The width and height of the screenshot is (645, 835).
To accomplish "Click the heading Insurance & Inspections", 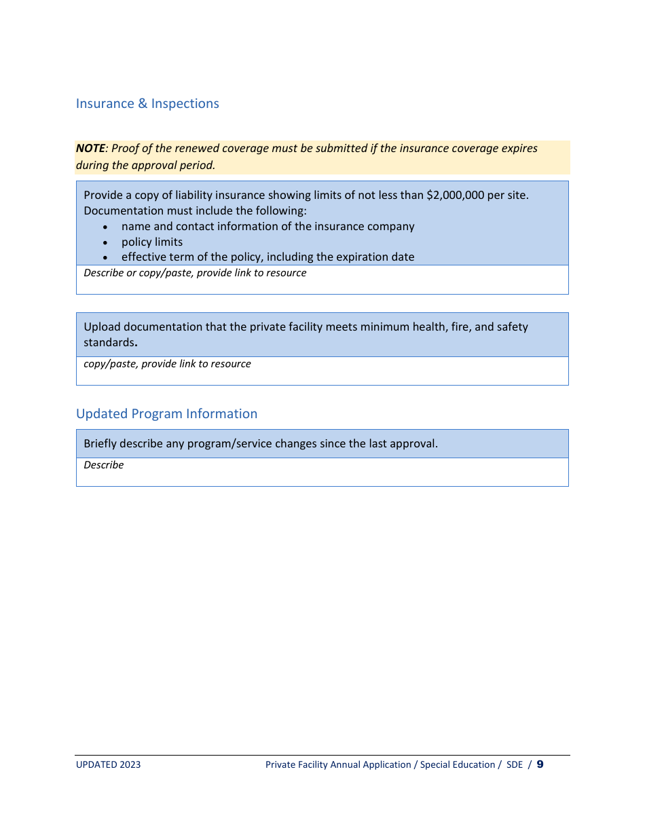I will pos(147,104).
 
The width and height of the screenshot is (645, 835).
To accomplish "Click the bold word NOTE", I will pos(90,149).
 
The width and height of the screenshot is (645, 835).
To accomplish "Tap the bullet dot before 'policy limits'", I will pos(105,243).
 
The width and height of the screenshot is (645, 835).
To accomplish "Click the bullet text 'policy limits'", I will pos(152,242).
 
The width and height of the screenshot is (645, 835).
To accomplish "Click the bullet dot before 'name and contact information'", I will pos(105,227).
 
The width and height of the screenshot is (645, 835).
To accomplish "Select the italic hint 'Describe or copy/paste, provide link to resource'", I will pos(195,273).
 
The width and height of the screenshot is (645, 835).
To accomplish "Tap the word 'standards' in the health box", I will pos(109,343).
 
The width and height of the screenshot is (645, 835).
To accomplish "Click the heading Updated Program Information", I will pos(166,414).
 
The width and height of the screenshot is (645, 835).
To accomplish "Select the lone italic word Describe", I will pos(103,465).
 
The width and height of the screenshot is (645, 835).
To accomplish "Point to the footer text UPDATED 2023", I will pos(108,765).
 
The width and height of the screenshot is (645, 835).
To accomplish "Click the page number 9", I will pos(540,764).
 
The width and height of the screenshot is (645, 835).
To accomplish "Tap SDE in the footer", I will pos(515,765).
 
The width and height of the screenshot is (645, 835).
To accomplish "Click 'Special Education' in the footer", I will pos(458,765).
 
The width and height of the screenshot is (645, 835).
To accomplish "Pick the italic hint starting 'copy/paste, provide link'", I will pos(167,364).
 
